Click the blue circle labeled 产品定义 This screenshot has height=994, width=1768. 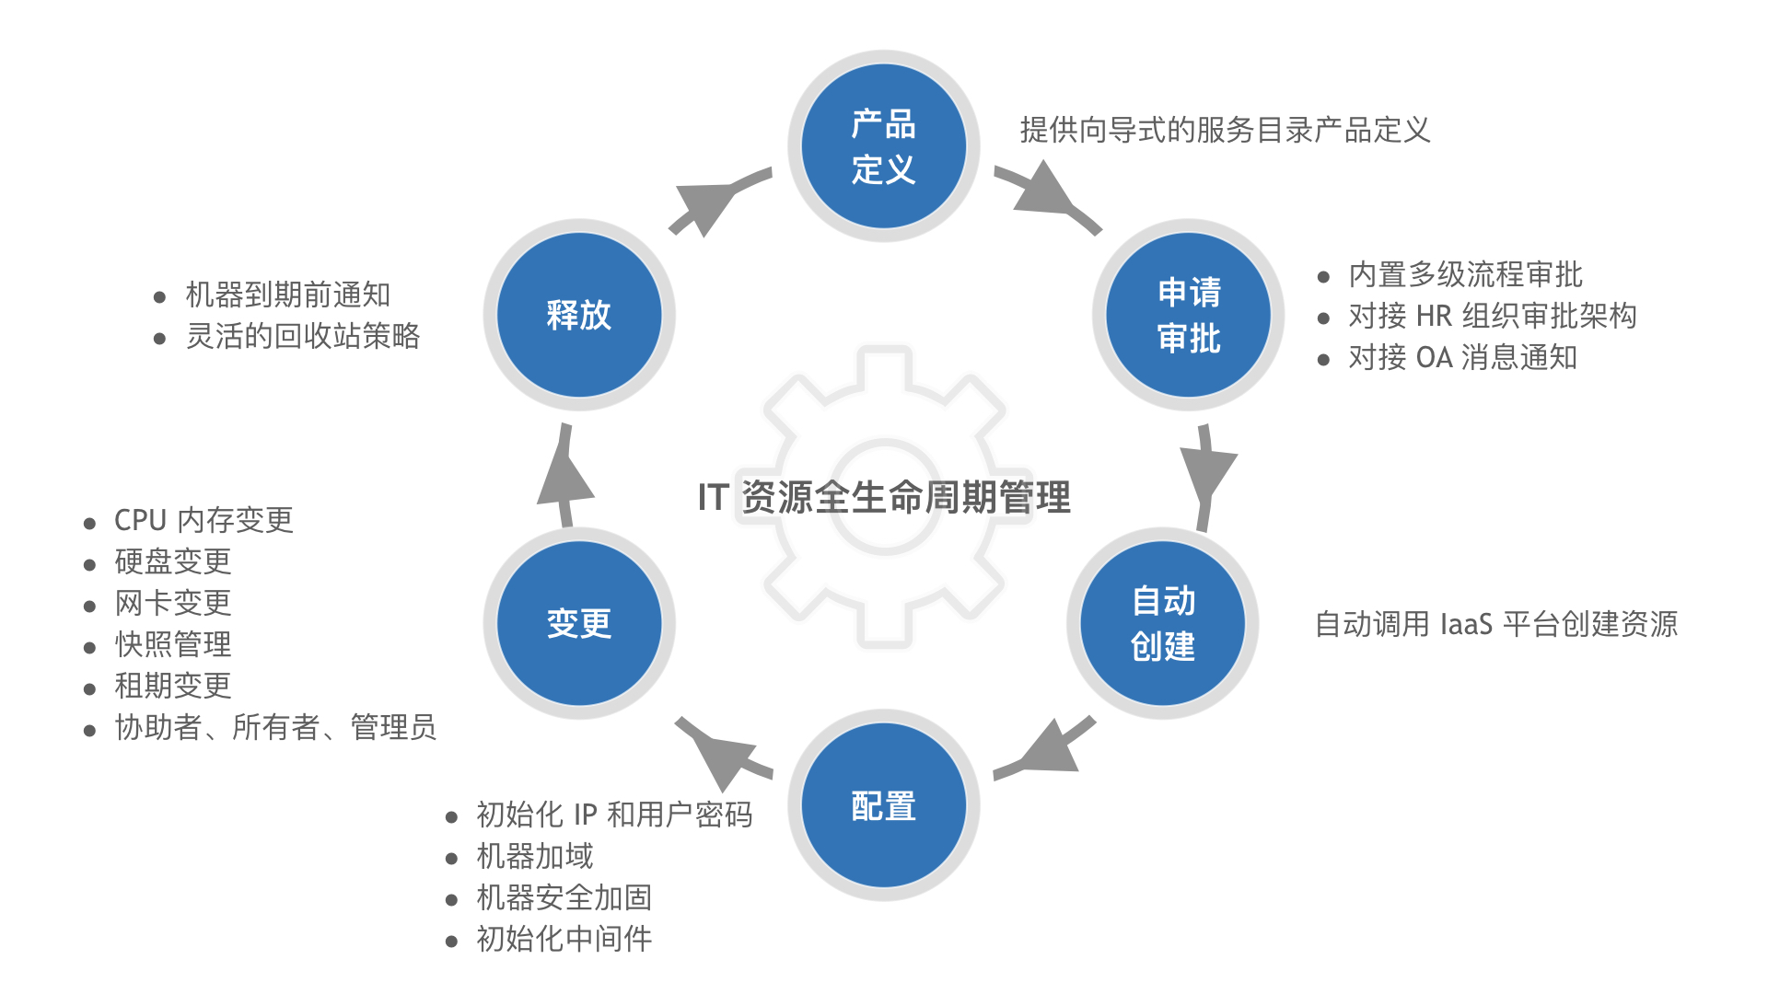coord(883,146)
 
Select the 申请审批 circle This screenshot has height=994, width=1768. coord(1188,315)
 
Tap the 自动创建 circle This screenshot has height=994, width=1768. coord(1162,623)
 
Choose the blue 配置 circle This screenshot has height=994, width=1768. coord(883,805)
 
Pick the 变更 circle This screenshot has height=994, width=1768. coord(579,623)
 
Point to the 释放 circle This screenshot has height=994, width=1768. coord(579,315)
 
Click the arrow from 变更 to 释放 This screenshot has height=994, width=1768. coord(564,475)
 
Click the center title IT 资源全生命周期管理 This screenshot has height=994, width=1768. coord(884,497)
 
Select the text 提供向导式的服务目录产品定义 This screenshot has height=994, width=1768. coord(1225,130)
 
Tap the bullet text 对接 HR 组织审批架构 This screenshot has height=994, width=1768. coord(1492,316)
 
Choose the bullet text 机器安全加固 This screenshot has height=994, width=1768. coord(564,897)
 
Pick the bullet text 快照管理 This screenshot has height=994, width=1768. coord(173,644)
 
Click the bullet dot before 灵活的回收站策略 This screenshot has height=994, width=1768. coord(159,339)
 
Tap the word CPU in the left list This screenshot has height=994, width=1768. coord(140,520)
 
